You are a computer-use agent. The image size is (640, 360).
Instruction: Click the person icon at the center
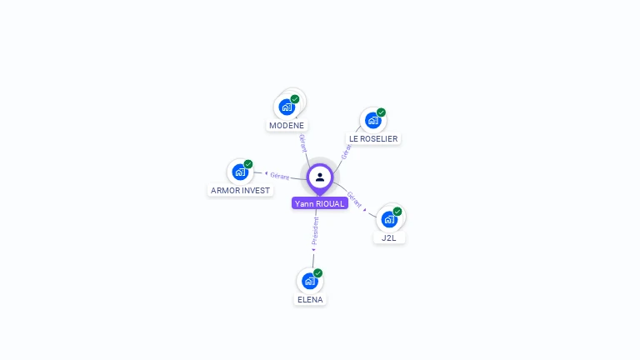(x=320, y=177)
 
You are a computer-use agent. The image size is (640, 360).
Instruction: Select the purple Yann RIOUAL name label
(x=320, y=203)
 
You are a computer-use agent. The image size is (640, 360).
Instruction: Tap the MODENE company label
(x=287, y=126)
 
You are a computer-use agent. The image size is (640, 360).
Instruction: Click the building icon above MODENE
(x=287, y=107)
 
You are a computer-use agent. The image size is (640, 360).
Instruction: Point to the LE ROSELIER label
(x=373, y=139)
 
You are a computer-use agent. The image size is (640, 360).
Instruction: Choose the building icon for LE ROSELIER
(x=372, y=120)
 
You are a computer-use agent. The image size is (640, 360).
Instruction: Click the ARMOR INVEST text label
(x=241, y=191)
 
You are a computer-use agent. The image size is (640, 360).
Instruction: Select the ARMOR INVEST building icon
(x=240, y=172)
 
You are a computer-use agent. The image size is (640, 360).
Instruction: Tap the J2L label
(x=389, y=238)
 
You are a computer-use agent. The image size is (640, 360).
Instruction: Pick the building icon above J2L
(x=388, y=219)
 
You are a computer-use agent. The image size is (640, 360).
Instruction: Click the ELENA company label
(x=310, y=300)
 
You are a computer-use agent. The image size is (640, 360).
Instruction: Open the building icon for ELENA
(x=309, y=281)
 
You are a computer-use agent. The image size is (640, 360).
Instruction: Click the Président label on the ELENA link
(x=315, y=232)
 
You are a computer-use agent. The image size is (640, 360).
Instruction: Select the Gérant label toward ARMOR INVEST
(x=279, y=176)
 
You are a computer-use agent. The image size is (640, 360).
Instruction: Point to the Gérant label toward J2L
(x=355, y=200)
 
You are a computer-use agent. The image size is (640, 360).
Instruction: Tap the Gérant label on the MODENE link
(x=302, y=142)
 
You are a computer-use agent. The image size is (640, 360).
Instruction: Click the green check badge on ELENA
(x=317, y=273)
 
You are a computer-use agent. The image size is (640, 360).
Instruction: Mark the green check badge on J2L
(x=397, y=212)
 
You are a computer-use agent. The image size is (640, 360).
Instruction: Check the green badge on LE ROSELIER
(x=381, y=112)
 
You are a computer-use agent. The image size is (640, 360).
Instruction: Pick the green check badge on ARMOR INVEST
(x=248, y=164)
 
